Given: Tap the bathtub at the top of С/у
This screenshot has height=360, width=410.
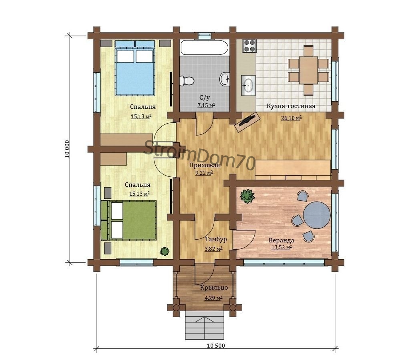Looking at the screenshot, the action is click(x=204, y=48).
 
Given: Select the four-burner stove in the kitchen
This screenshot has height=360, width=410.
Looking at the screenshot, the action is click(x=249, y=46).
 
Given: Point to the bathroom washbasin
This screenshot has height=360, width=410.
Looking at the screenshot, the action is click(x=225, y=79).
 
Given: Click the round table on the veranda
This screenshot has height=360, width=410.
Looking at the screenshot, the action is click(x=317, y=215).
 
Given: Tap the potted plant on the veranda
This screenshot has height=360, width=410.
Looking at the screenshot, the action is click(x=247, y=196).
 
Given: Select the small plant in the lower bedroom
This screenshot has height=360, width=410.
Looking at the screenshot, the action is click(x=165, y=251).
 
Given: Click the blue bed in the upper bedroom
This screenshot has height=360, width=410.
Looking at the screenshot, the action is click(x=135, y=68).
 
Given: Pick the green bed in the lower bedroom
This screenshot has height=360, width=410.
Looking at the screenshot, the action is click(x=129, y=220).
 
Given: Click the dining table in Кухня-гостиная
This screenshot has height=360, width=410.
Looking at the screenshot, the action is click(x=309, y=70).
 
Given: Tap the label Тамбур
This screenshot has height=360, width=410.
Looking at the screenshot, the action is click(x=216, y=239).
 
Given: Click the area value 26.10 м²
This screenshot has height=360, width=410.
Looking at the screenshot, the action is click(x=291, y=118).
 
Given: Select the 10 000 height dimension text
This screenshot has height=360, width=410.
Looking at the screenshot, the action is click(x=67, y=149).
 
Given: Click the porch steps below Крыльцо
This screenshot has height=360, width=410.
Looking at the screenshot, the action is click(x=205, y=325).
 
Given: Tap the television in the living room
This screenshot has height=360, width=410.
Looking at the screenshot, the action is click(x=247, y=122).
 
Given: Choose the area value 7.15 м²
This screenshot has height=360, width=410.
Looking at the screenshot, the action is click(x=207, y=106).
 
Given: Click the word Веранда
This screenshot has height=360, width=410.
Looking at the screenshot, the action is click(x=281, y=240).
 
